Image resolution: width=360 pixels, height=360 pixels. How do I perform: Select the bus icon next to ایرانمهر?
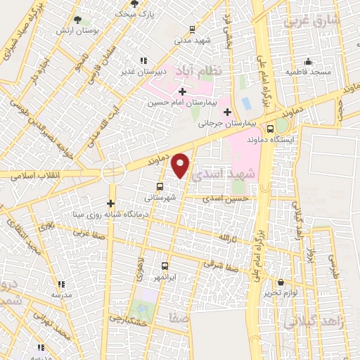click(x=165, y=266)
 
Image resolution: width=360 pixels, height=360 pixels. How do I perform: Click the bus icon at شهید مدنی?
click(x=193, y=30)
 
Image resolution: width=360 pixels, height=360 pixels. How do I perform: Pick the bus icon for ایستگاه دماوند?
click(x=271, y=129)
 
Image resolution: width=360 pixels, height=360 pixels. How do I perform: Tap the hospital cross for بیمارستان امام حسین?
click(x=183, y=91)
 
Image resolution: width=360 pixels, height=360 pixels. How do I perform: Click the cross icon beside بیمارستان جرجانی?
click(x=226, y=112)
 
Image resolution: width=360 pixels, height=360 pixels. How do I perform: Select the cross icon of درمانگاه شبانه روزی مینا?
click(x=110, y=202)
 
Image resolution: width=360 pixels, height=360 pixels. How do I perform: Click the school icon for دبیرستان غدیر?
click(x=144, y=60)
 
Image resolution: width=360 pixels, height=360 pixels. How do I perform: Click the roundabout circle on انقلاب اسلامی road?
click(x=112, y=172)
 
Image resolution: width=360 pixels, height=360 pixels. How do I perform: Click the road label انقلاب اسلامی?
click(x=32, y=174)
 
